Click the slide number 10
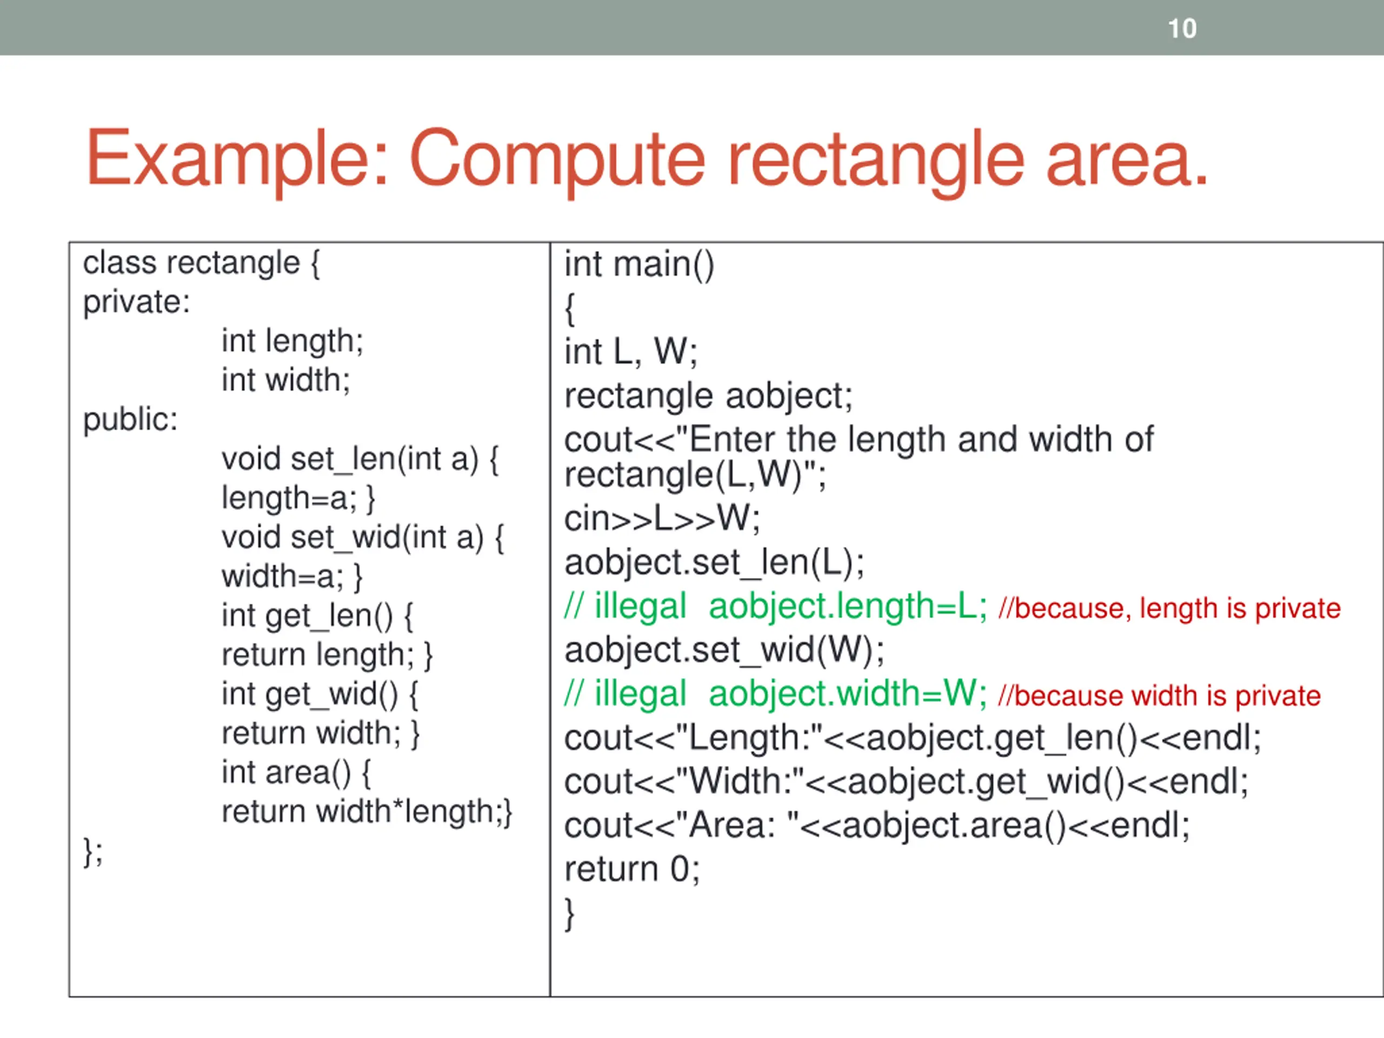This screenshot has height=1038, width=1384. coord(1182,29)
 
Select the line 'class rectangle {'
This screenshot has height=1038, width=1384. coord(202,263)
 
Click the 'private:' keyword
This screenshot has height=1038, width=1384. coord(136,302)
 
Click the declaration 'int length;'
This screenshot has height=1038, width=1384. coord(292,342)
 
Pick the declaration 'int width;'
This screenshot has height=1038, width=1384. coord(286,381)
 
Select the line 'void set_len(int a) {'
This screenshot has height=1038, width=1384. coord(360,459)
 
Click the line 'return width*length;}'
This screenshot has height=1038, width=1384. coord(367,811)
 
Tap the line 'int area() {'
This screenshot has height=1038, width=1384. coord(297,773)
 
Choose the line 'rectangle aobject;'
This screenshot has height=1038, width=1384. coord(708,396)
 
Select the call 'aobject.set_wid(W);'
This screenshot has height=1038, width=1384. coord(724,650)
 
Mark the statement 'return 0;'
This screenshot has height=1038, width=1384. coord(632,869)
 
